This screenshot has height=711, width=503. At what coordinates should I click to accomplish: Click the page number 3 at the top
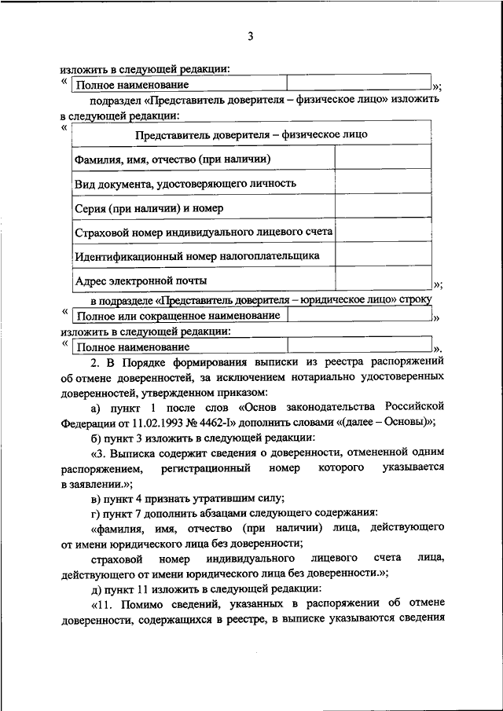251,35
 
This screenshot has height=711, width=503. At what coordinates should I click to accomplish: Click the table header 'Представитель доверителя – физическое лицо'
251,134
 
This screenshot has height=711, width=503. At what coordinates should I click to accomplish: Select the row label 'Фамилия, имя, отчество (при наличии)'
173,159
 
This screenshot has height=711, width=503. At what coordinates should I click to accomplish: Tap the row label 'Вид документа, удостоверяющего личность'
185,183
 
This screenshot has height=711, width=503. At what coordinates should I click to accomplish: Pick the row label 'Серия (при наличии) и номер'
149,208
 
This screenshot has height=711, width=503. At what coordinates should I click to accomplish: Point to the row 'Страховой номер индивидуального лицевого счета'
204,233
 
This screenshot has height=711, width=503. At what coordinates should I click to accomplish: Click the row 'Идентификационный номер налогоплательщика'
196,256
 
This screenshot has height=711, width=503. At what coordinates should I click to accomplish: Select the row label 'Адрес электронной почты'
141,280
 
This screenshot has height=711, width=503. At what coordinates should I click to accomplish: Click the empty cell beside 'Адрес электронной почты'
384,280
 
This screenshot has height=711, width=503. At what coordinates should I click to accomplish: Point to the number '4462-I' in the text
217,420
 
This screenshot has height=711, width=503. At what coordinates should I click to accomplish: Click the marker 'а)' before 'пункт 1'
96,406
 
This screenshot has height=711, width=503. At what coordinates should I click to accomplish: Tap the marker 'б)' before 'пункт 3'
96,437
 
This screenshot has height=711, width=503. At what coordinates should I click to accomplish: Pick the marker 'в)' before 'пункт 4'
96,498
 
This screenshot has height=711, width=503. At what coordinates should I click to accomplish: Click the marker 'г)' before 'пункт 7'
96,513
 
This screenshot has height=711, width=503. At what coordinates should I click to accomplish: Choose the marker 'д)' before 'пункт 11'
96,588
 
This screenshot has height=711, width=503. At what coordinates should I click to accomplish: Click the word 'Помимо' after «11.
149,604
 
